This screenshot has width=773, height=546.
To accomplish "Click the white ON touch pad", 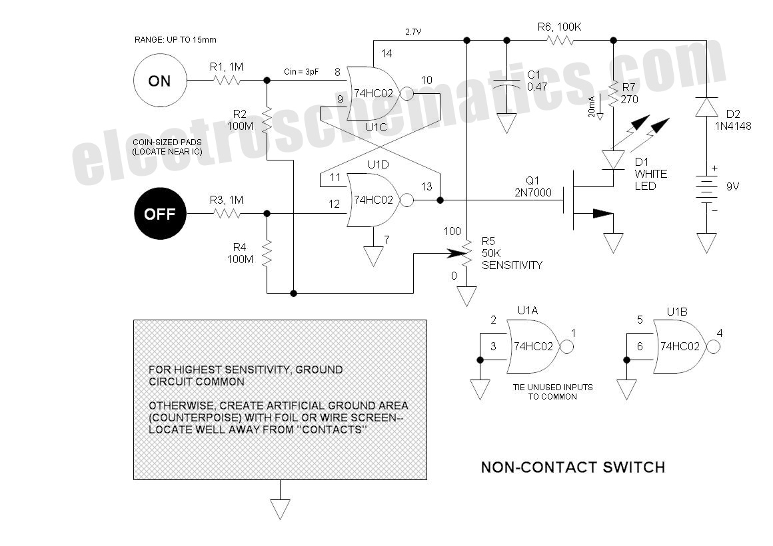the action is (x=160, y=81).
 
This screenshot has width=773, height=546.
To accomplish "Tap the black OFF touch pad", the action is (x=160, y=213).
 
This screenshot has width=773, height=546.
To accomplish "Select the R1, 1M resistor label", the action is (x=227, y=67).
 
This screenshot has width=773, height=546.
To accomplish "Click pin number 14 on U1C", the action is (x=386, y=53).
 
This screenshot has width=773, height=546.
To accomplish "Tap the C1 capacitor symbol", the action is (x=506, y=84).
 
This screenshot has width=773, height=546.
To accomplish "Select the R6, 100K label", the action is (x=559, y=27).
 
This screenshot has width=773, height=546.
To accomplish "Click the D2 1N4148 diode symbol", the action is (x=706, y=107).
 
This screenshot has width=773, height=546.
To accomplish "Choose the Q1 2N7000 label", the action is (x=533, y=186).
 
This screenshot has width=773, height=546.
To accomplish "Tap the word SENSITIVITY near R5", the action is (x=512, y=265).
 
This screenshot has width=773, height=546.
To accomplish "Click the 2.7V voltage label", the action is (x=413, y=31).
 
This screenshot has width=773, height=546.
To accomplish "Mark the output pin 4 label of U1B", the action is (x=719, y=333).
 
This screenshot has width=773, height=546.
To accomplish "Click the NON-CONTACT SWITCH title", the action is (x=573, y=467).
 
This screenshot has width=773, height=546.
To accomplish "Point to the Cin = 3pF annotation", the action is (x=301, y=72).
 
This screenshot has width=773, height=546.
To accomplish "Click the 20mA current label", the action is (x=592, y=107).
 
